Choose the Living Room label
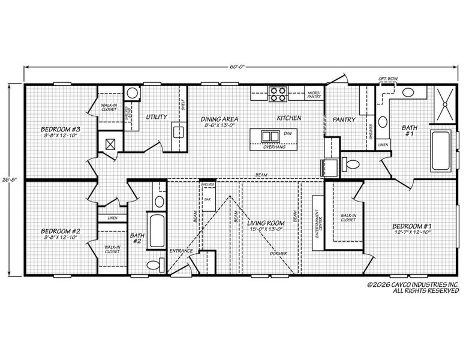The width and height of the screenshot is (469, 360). [264, 226]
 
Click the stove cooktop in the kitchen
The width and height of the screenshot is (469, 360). [278, 94]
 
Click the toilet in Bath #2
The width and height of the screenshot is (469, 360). [154, 264]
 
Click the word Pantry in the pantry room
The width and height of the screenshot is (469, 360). [344, 119]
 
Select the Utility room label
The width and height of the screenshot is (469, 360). [157, 116]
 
